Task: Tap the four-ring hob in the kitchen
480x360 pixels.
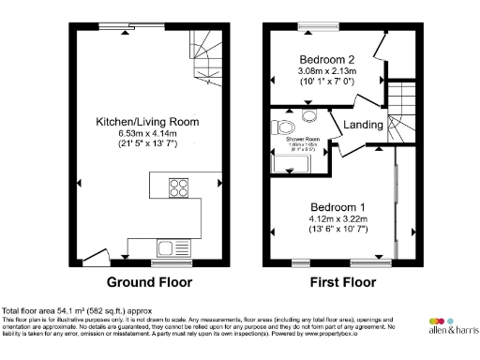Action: pos(176,187)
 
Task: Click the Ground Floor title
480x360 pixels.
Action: pos(149,281)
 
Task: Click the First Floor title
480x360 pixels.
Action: pos(343,281)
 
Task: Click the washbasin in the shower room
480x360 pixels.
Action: pos(309,119)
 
